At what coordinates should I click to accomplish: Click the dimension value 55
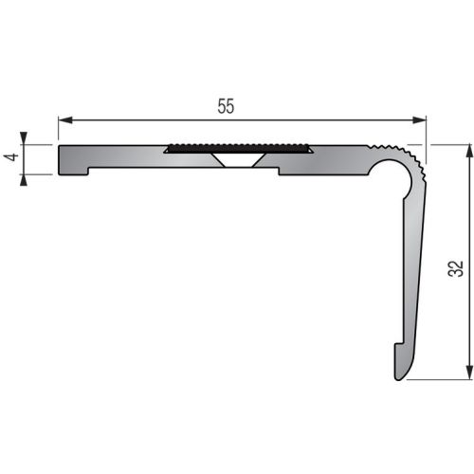(225, 106)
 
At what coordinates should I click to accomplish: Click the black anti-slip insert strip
(238, 149)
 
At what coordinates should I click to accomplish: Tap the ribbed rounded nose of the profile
(410, 161)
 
